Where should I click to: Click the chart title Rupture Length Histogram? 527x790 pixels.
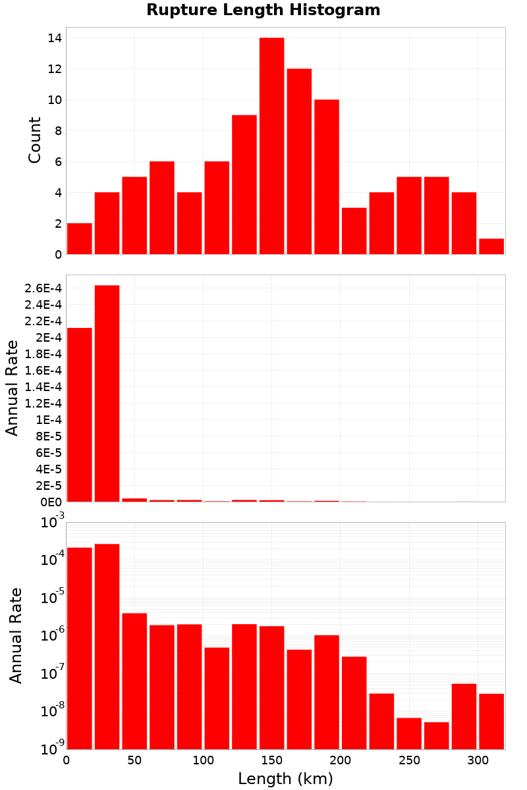pos(263,10)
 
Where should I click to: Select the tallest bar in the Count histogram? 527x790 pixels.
pos(272,145)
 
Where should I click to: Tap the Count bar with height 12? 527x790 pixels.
pos(299,161)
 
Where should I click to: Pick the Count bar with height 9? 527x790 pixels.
pos(244,184)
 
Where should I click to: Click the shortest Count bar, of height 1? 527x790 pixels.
pos(491,246)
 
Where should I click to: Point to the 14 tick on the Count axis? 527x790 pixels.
pos(55,38)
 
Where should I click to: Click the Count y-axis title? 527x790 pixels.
pos(35,140)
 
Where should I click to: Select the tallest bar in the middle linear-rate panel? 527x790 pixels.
pos(107,393)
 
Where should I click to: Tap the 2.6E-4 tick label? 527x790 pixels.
pos(43,288)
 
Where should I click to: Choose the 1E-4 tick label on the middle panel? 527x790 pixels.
pos(49,420)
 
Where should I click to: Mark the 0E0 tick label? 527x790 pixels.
pos(51,502)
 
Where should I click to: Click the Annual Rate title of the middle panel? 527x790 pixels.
pos(12,388)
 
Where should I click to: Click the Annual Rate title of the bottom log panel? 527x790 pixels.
pos(15,635)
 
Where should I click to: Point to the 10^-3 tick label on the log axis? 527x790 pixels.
pos(53,521)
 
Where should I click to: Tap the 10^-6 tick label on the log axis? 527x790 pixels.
pos(53,635)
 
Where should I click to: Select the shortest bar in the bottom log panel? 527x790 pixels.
pos(436,735)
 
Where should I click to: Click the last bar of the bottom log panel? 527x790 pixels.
pos(491,722)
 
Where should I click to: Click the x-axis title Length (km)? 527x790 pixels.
pos(285,778)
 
